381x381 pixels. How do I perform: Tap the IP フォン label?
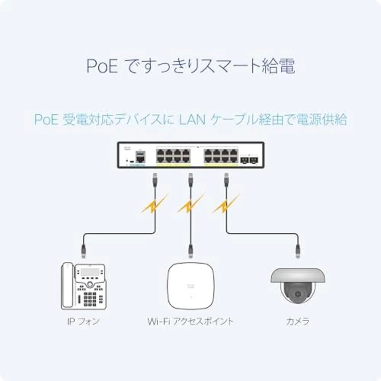83,321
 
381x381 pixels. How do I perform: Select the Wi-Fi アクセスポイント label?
190,321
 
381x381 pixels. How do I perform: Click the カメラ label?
298,321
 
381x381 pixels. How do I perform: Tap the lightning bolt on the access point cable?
189,206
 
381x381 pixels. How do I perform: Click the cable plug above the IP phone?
83,250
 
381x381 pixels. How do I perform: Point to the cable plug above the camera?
298,250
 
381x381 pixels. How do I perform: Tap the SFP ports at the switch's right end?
249,160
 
